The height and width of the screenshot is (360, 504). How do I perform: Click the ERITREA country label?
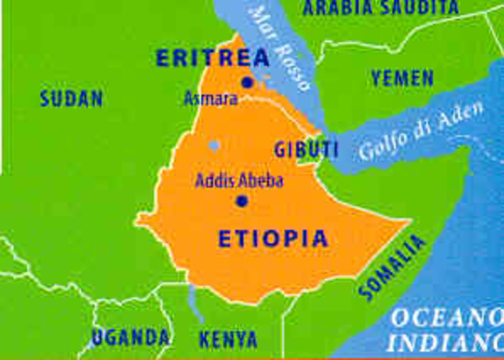coord(213,58)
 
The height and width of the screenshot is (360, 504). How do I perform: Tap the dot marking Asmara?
coord(248,82)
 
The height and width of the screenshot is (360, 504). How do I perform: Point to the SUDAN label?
coord(72,99)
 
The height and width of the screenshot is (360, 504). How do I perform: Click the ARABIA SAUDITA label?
coord(381,8)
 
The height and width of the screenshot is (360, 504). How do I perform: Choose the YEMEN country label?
coord(402,78)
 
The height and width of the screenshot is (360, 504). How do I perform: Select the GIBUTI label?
coord(306,149)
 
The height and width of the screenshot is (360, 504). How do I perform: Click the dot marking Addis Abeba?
coord(242,201)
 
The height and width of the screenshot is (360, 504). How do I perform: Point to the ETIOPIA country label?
coord(272,239)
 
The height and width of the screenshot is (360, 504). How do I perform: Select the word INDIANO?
coord(445,343)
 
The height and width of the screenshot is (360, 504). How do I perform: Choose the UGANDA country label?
coord(130,338)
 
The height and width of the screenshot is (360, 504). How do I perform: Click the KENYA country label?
coord(228,340)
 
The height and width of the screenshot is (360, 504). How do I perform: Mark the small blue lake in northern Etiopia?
coord(213,146)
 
